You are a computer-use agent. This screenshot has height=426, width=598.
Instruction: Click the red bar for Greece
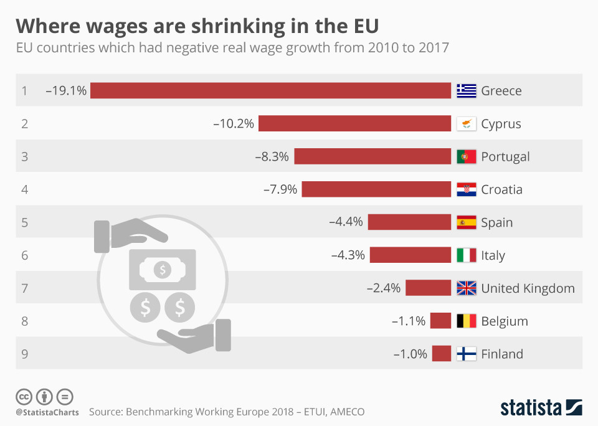coord(270,91)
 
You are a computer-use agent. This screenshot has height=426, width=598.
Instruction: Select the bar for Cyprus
coord(354,123)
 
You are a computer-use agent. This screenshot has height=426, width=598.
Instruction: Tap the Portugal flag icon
coord(466,156)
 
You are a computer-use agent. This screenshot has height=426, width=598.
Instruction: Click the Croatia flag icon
coord(466,189)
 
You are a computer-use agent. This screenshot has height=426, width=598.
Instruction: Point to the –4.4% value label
coord(346,222)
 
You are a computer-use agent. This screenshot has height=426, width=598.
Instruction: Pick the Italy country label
coord(493,255)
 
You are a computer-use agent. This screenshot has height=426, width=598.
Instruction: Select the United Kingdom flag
coord(466,288)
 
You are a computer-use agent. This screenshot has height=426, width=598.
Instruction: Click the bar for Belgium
coord(440,321)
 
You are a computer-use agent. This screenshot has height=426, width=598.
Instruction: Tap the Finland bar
coord(441,354)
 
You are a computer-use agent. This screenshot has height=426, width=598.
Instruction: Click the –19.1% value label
coord(65,91)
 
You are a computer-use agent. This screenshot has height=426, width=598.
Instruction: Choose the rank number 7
coord(25,288)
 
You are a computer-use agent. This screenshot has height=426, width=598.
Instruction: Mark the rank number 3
coord(25,156)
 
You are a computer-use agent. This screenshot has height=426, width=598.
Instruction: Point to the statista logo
coord(541,408)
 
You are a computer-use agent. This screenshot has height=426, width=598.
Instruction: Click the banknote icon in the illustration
coord(162,269)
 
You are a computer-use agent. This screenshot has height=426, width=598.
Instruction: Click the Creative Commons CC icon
coord(24,396)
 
